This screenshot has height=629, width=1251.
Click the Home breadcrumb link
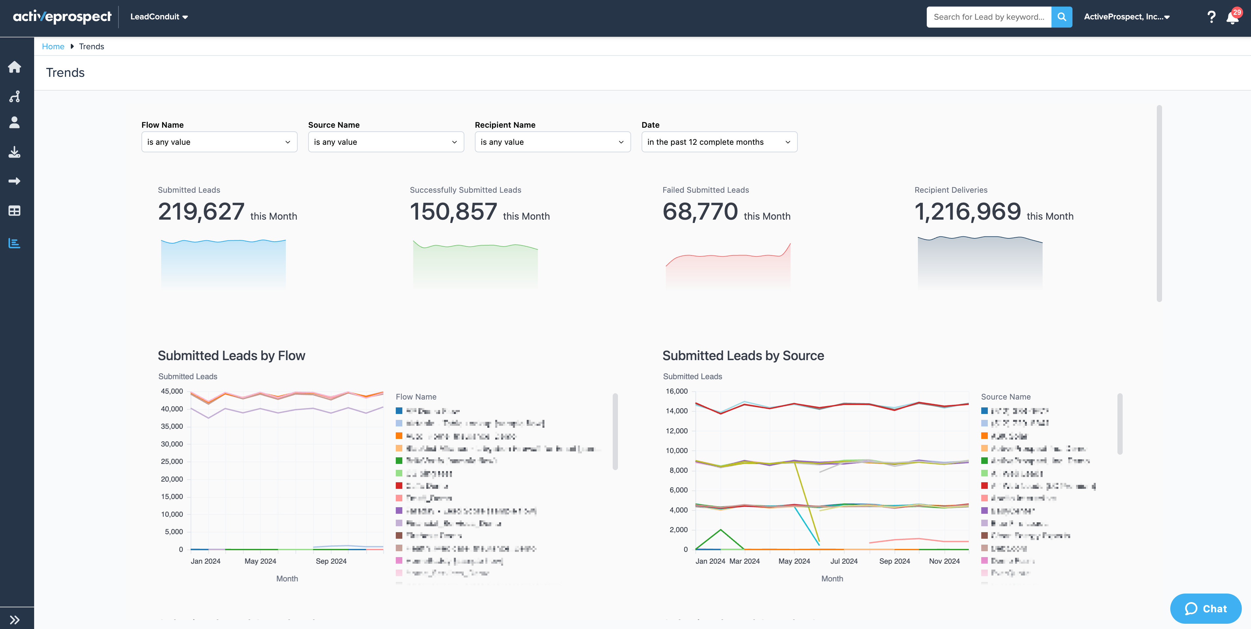click(53, 47)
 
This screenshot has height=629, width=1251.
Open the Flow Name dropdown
click(219, 142)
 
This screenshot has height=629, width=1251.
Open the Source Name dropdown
click(386, 142)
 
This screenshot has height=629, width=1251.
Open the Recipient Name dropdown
click(552, 142)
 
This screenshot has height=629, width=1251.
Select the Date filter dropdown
click(719, 142)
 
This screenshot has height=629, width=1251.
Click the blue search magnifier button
click(1062, 17)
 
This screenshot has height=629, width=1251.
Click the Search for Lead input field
click(988, 17)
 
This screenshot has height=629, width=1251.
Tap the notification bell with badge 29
click(1232, 17)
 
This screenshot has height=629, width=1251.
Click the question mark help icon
click(1211, 17)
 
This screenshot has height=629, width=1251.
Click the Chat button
click(1205, 609)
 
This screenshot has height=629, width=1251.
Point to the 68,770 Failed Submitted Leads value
click(700, 212)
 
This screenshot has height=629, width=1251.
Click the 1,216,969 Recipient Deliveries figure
click(967, 212)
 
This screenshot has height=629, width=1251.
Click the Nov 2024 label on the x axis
click(944, 561)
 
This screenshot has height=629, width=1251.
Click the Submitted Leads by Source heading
click(743, 356)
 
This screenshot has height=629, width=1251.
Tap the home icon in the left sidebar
click(14, 67)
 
